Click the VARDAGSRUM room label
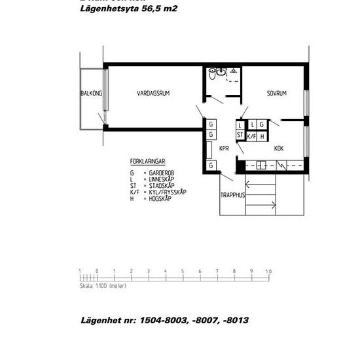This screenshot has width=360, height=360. pyautogui.click(x=153, y=94)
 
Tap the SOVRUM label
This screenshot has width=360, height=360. pyautogui.click(x=277, y=94)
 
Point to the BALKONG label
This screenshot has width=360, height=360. pyautogui.click(x=91, y=94)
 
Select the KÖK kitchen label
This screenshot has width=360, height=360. pyautogui.click(x=279, y=148)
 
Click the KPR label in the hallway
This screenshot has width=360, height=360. pyautogui.click(x=224, y=148)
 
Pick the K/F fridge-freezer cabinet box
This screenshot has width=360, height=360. pyautogui.click(x=251, y=136)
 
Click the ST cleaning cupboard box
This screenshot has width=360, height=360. pyautogui.click(x=240, y=136)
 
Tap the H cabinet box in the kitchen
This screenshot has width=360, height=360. pyautogui.click(x=262, y=136)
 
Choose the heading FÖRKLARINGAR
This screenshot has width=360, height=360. pyautogui.click(x=148, y=160)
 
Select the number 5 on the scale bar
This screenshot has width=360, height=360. pyautogui.click(x=182, y=270)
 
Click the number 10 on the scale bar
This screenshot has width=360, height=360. pyautogui.click(x=268, y=270)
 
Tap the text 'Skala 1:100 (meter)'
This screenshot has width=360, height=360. pyautogui.click(x=102, y=286)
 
